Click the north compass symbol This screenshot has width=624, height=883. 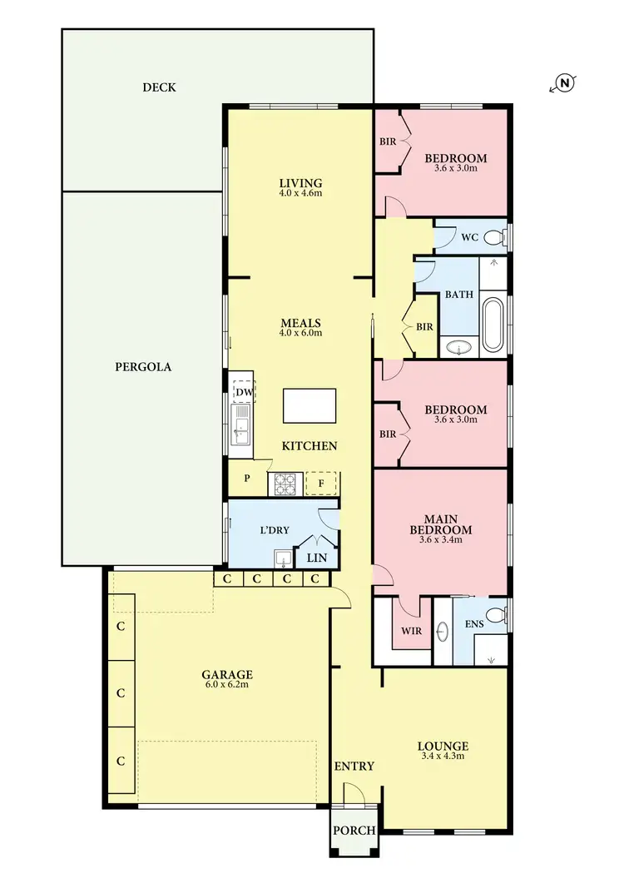click(564, 82)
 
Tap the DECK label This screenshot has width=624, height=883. click(159, 87)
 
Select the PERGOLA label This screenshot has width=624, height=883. click(143, 366)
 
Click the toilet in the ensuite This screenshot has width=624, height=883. click(495, 615)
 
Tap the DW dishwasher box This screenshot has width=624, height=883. click(244, 392)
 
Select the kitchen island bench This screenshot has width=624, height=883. click(310, 406)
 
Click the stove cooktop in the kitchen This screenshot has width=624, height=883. click(284, 484)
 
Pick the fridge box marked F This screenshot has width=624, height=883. click(321, 484)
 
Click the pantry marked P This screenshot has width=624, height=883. click(247, 479)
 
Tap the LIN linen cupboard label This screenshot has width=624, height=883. click(316, 558)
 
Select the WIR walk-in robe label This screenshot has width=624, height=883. click(411, 631)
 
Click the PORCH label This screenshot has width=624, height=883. click(354, 831)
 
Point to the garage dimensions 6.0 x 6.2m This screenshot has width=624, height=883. click(227, 686)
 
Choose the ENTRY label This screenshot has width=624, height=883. click(354, 766)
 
